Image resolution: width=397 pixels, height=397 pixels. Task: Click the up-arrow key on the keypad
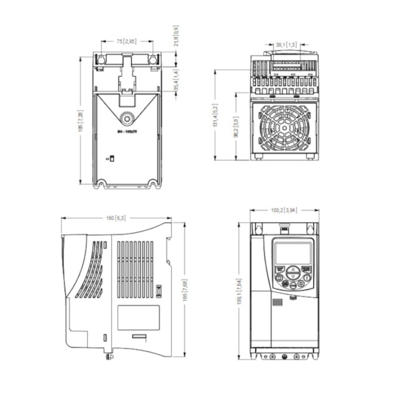pos(293,269)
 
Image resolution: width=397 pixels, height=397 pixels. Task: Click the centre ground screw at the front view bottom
pos(284,355)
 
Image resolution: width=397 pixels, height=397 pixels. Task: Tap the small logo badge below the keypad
pos(278,302)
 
